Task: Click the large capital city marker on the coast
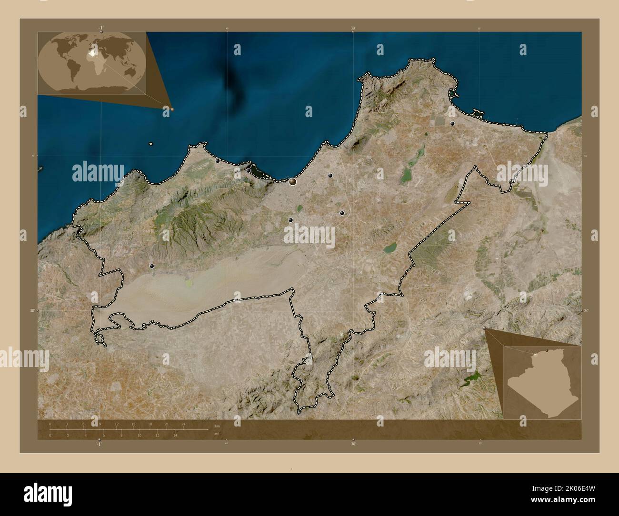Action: coord(292,181)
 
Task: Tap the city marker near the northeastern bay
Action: coord(452,124)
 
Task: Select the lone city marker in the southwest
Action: coord(152,266)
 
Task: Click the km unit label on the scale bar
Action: coord(217,426)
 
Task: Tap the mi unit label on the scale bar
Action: coord(217,434)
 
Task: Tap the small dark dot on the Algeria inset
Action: coord(548,351)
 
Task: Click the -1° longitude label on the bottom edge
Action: coord(99,444)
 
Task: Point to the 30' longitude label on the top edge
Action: coord(353,29)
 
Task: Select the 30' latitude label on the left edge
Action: coord(31,311)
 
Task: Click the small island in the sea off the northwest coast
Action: coord(150,144)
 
